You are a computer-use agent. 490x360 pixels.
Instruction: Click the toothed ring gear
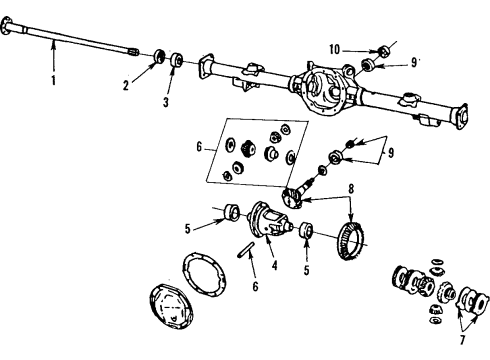tap(345, 241)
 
